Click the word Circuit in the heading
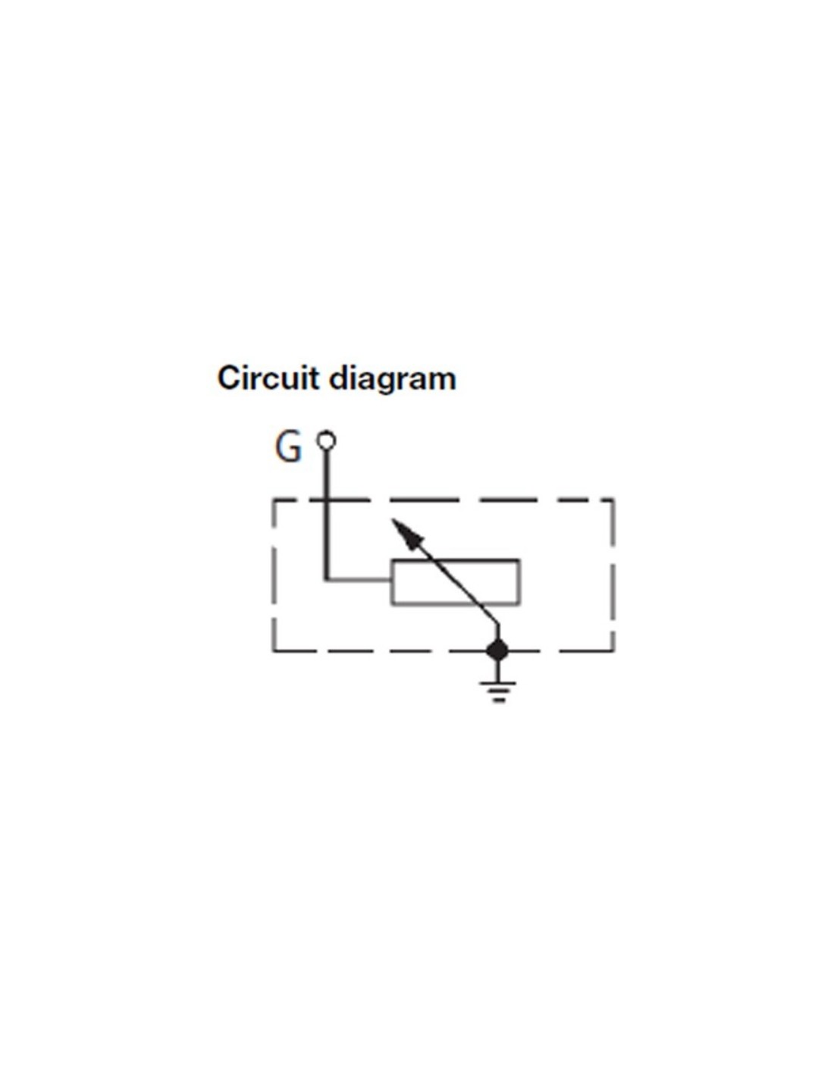tap(268, 378)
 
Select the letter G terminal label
tap(288, 447)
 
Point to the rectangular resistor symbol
tap(456, 582)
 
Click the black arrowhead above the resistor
tap(407, 533)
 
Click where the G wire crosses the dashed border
tap(327, 501)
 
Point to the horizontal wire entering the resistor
tap(359, 579)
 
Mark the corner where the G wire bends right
tap(327, 579)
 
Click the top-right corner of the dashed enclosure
tap(613, 501)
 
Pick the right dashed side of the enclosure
tap(613, 575)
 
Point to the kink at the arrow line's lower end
tap(497, 625)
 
